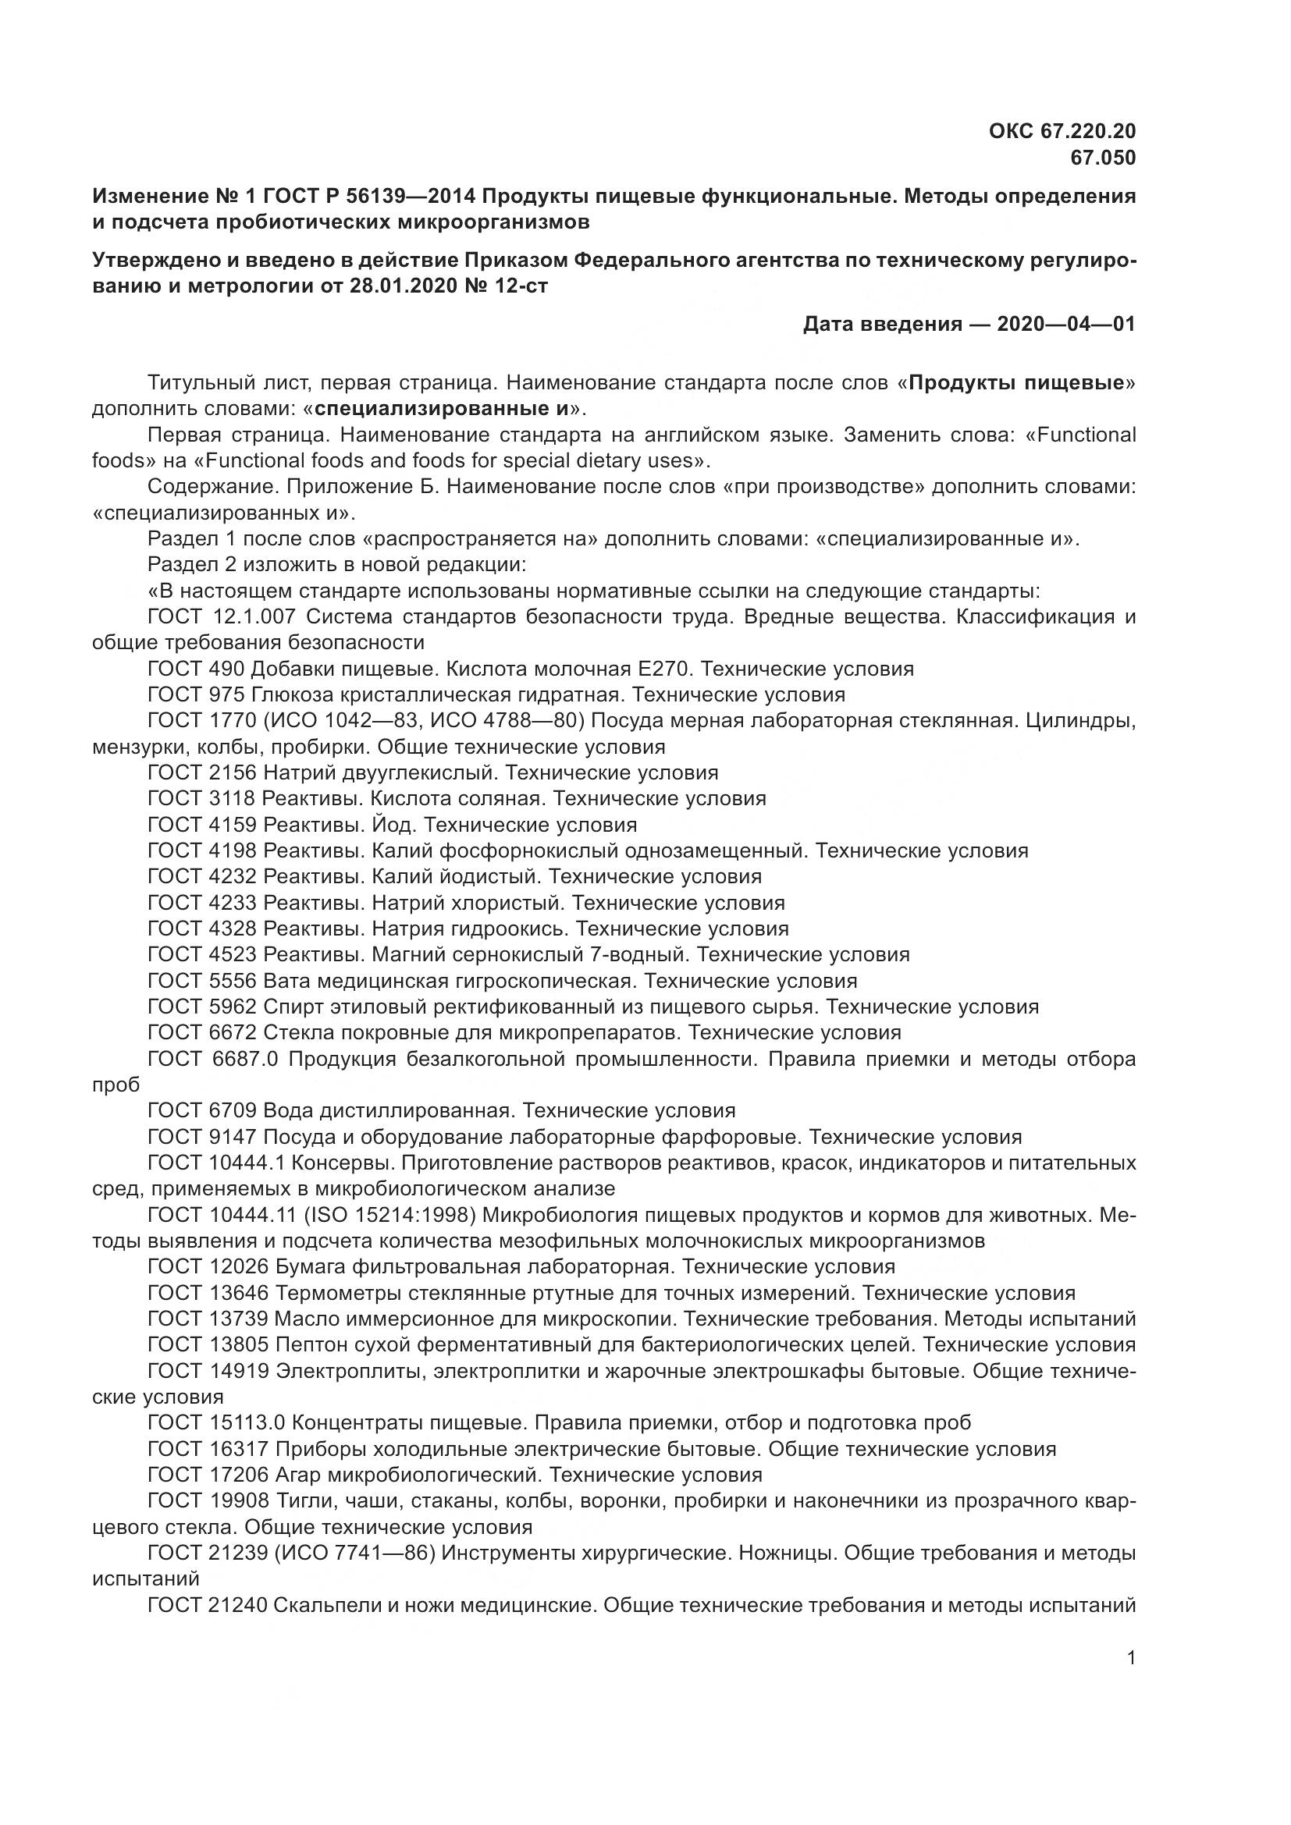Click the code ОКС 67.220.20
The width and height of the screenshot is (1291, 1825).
pyautogui.click(x=1062, y=131)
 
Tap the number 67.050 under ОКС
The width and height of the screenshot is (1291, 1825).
pyautogui.click(x=1103, y=158)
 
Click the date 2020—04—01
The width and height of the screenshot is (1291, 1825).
pyautogui.click(x=1066, y=325)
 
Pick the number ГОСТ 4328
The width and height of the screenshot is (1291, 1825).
pyautogui.click(x=203, y=928)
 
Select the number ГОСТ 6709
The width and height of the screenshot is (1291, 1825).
pyautogui.click(x=203, y=1110)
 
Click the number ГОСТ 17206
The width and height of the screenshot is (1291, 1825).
pyautogui.click(x=208, y=1475)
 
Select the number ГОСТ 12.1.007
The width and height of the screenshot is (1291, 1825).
pyautogui.click(x=222, y=616)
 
